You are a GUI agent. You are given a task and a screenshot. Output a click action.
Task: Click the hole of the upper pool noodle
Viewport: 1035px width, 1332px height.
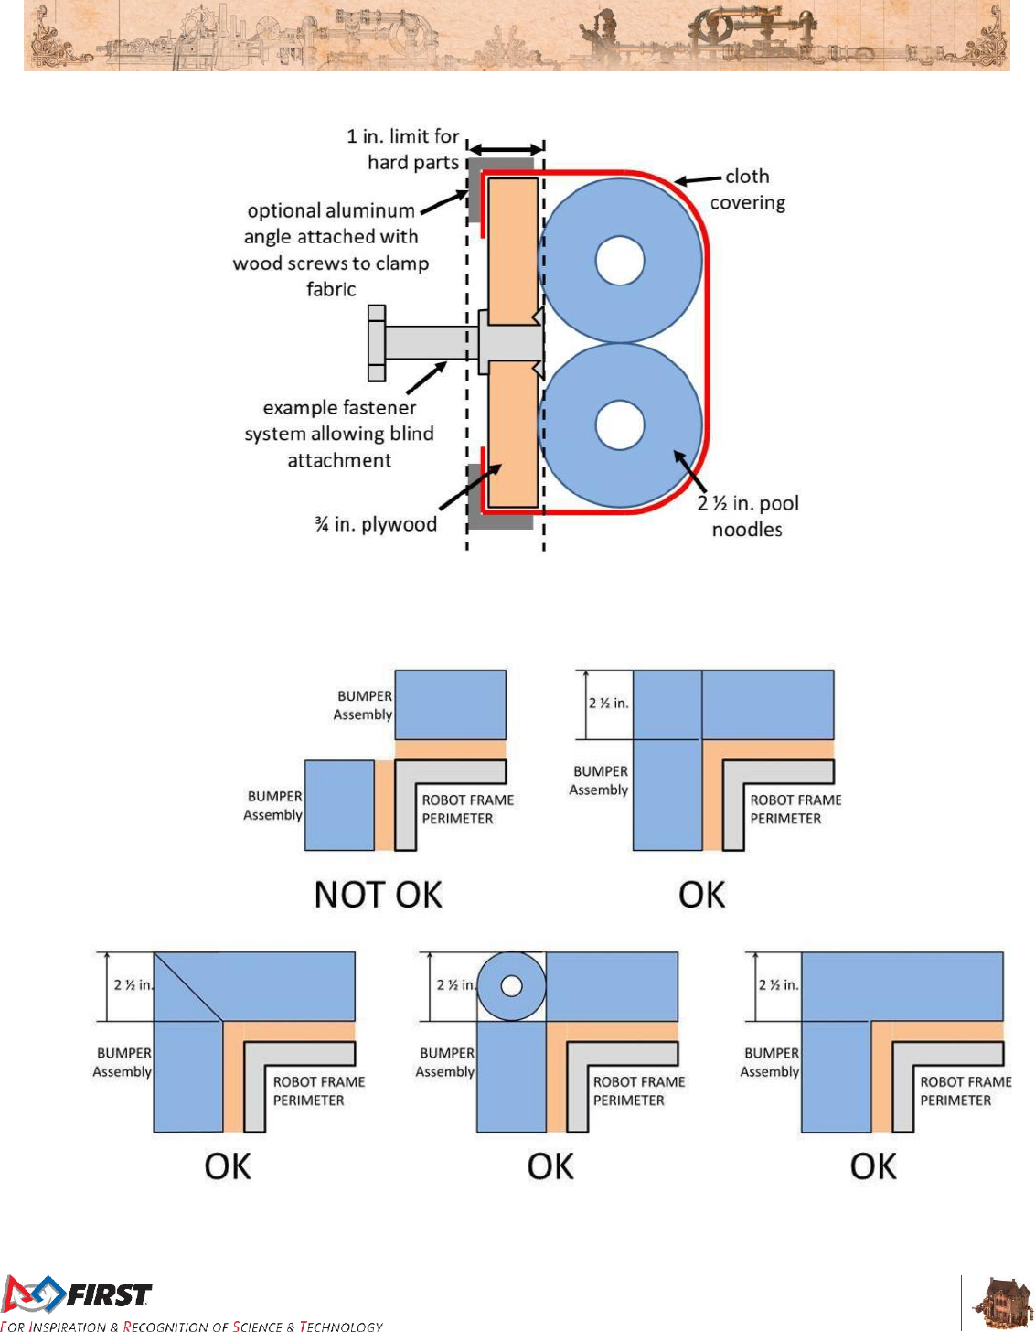click(620, 261)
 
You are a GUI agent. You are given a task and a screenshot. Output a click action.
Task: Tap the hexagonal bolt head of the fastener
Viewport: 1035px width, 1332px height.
click(376, 343)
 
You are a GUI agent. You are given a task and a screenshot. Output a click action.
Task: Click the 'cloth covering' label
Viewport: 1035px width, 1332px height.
click(747, 189)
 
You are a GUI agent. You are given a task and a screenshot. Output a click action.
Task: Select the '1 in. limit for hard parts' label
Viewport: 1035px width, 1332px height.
click(403, 149)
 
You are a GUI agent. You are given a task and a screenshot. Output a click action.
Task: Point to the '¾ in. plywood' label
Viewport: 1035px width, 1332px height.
click(376, 524)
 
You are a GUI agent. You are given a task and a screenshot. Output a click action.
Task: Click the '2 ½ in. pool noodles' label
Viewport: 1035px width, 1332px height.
click(748, 516)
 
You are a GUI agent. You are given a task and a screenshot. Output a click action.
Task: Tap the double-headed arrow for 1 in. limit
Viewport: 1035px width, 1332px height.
click(506, 149)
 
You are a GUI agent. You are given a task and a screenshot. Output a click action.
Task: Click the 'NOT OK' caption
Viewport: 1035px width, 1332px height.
click(378, 894)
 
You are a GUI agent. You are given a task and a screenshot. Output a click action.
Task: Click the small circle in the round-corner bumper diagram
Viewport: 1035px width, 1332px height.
click(511, 986)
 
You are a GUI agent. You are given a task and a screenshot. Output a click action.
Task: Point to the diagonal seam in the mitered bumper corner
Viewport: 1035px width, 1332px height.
click(188, 986)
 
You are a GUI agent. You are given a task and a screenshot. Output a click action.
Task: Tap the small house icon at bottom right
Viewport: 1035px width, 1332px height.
click(1003, 1301)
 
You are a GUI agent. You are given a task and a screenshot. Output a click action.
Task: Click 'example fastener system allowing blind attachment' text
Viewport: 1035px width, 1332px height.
click(339, 434)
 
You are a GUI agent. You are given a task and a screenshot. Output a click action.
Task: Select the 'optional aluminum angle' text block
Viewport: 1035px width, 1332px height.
click(331, 250)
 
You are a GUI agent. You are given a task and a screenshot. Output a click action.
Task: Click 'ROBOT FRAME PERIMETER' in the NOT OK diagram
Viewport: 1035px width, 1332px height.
click(467, 809)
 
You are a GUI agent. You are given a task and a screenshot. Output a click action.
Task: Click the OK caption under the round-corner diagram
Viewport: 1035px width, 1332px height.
click(550, 1166)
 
